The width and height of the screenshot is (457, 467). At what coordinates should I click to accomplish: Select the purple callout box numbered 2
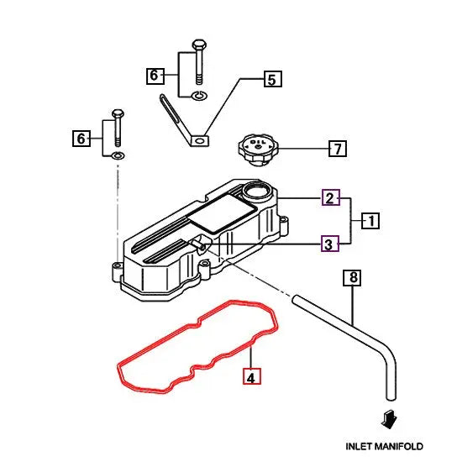point(331,198)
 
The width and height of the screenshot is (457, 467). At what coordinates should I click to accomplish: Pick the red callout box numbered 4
point(251,377)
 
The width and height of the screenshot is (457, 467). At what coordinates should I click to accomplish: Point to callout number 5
point(271,80)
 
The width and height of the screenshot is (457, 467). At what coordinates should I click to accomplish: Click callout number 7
point(336,150)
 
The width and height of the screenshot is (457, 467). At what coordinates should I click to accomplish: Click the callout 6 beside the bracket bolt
point(154,76)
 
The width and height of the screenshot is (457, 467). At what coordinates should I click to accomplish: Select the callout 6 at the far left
point(81,138)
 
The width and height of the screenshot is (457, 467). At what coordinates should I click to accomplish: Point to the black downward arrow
point(386,417)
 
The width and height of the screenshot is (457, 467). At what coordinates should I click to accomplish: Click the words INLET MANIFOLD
point(385,446)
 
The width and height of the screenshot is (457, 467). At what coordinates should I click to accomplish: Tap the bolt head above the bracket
point(198,45)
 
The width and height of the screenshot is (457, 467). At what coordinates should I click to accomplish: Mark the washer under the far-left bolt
point(118,156)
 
